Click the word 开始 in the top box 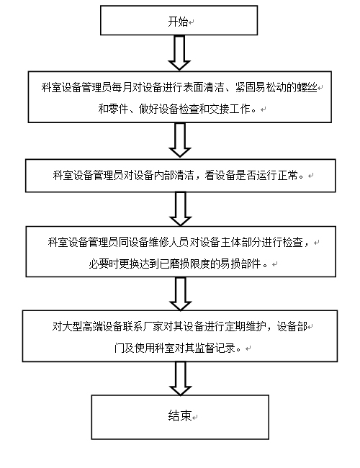[x=178, y=22]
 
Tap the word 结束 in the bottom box [x=180, y=415]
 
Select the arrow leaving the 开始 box [x=179, y=53]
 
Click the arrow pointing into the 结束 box [x=180, y=379]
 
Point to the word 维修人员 [x=168, y=242]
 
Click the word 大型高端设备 [x=83, y=327]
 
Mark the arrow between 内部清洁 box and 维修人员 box [x=180, y=209]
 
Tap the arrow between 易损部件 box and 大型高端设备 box [x=180, y=294]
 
